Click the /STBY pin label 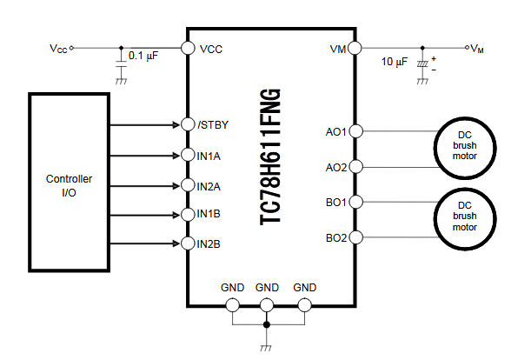click(212, 125)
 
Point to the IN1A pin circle click(186, 155)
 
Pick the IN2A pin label click(209, 185)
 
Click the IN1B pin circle click(186, 214)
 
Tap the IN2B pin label click(209, 243)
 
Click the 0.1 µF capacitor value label click(143, 56)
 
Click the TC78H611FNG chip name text click(270, 157)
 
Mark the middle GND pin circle click(267, 304)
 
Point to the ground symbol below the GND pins click(267, 346)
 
